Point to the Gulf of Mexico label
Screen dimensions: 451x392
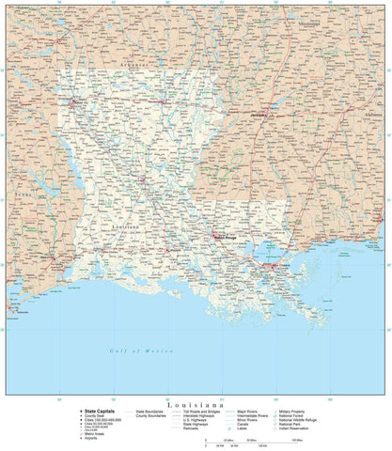(136, 350)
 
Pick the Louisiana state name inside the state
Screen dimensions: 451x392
(127, 226)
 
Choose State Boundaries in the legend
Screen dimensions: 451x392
(149, 411)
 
